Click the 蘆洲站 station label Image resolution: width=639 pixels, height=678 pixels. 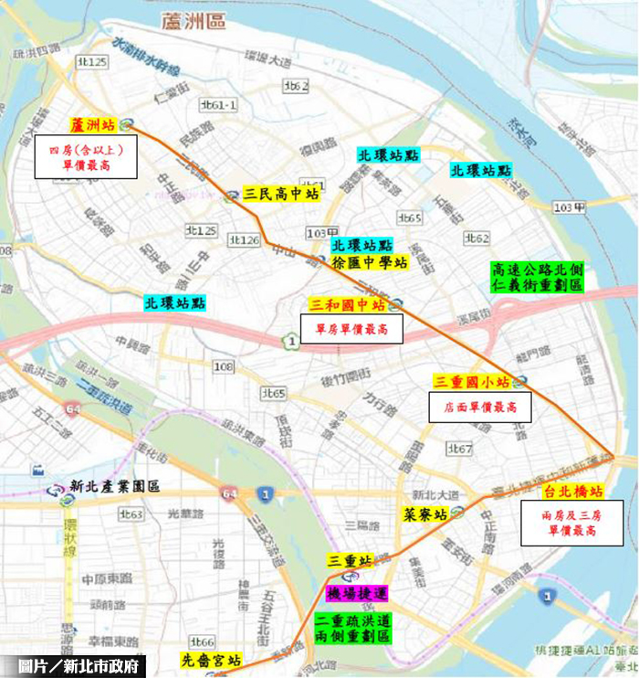[92, 124]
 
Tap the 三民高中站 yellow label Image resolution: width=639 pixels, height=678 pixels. [282, 195]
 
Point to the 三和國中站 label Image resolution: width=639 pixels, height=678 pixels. [348, 304]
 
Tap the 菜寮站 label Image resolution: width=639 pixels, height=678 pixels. [425, 514]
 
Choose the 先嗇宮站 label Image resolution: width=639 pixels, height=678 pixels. [209, 660]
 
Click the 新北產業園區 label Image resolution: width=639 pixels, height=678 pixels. [115, 487]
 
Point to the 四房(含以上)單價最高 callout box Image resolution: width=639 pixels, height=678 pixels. [86, 156]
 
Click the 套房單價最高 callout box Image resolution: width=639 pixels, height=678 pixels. [351, 328]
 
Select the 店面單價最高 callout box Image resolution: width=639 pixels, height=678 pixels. [479, 407]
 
